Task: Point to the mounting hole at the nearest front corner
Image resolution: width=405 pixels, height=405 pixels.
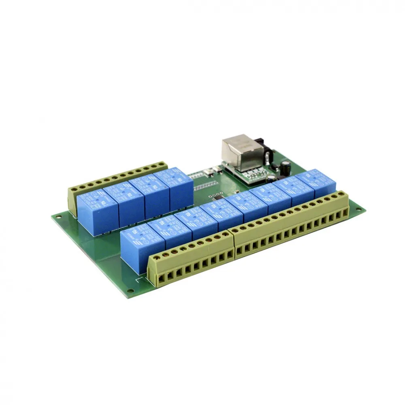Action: pyautogui.click(x=130, y=290)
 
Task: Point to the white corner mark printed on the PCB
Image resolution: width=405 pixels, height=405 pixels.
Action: pyautogui.click(x=140, y=279)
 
